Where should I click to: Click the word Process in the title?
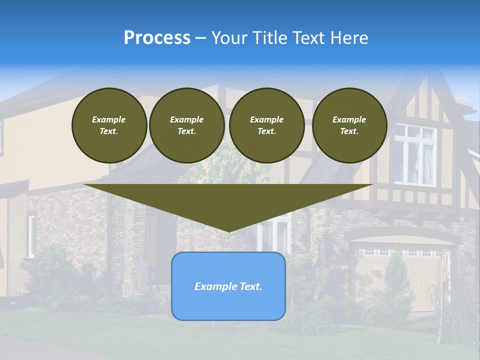157,38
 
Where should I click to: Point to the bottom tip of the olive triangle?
228,231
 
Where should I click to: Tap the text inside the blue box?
228,286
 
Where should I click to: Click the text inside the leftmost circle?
109,125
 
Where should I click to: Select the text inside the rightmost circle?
349,125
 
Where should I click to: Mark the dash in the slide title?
200,38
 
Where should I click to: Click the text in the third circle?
267,125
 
